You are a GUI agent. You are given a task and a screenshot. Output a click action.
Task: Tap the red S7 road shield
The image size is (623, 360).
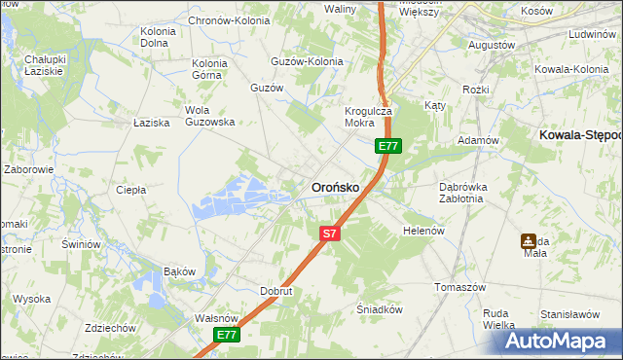[x=330, y=234]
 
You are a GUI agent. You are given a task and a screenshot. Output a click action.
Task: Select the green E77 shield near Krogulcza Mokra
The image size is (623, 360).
[x=388, y=146]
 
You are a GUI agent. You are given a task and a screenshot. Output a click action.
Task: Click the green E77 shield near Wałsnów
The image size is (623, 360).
[x=227, y=335]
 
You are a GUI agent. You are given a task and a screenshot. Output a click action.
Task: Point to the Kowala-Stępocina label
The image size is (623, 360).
[x=580, y=135]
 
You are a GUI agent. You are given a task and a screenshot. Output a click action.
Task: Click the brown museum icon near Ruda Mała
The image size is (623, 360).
[x=528, y=240]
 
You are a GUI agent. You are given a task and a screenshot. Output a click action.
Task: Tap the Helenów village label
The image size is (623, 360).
[x=423, y=231]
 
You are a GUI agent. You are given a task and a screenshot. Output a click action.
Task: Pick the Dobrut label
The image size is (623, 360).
[x=276, y=290]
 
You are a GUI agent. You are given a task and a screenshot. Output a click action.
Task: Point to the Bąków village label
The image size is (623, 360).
[x=179, y=270]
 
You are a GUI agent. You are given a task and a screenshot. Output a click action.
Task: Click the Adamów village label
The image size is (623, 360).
[x=478, y=140]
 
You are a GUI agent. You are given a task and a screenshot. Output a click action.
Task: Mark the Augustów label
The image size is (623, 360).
[x=492, y=45]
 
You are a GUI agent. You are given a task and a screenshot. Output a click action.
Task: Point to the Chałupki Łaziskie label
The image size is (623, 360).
[x=44, y=65]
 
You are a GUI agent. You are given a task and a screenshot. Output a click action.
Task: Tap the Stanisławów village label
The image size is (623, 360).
[x=569, y=314]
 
